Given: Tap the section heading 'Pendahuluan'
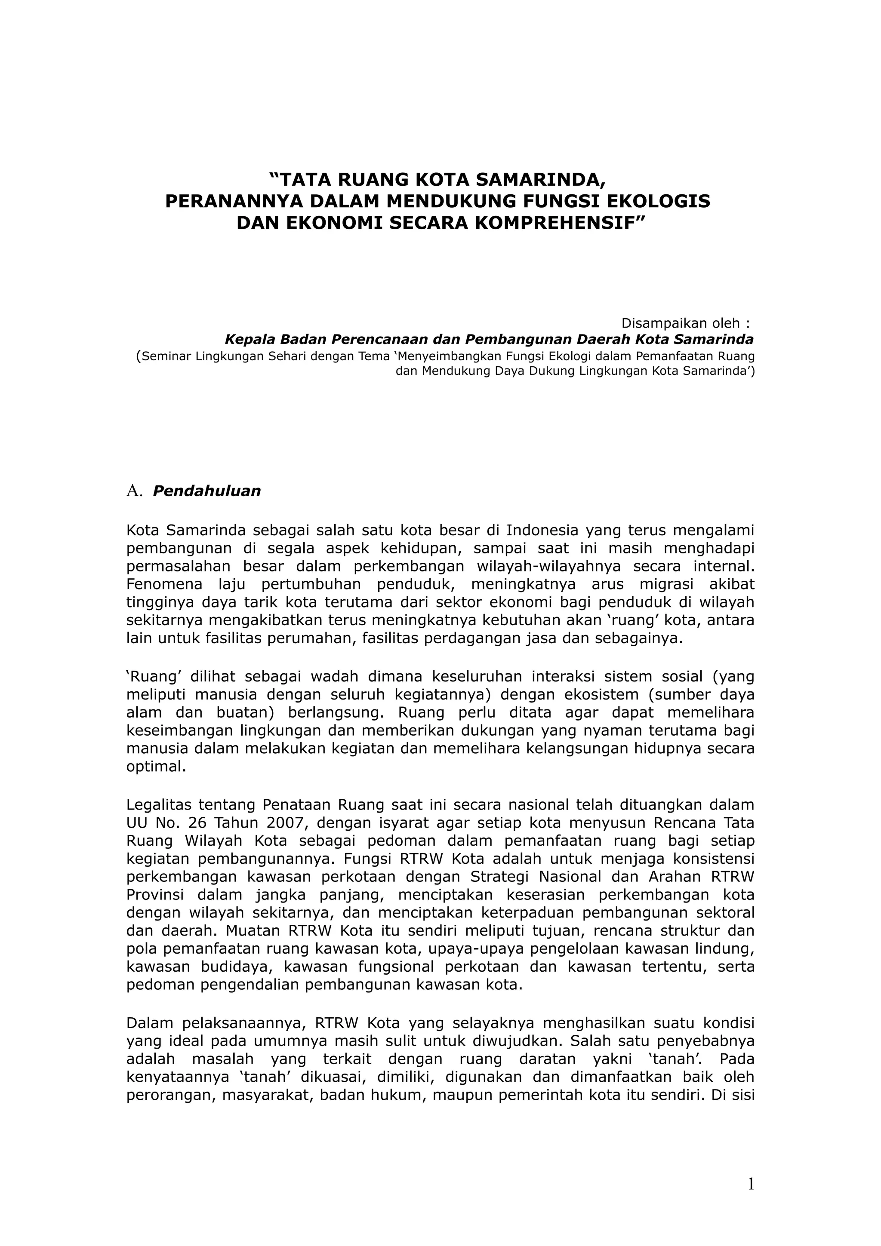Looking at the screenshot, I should click(207, 491).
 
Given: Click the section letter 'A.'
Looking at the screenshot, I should click(133, 491).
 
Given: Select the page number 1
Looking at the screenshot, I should click(751, 1184).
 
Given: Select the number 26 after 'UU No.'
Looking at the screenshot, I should click(191, 822).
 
